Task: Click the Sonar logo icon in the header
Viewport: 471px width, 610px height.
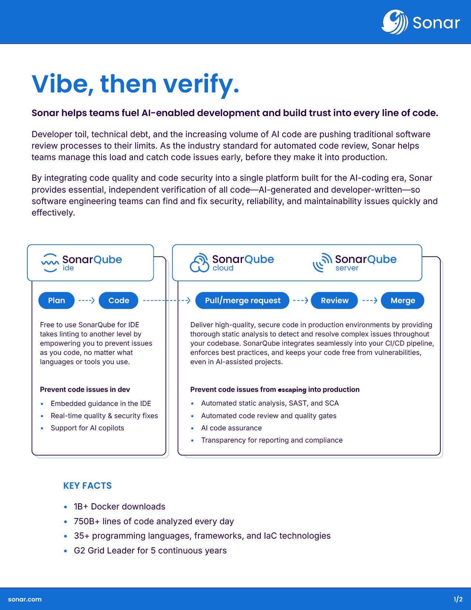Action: [395, 22]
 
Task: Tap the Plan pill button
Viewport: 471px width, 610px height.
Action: [57, 301]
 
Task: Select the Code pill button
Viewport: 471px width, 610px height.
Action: [119, 301]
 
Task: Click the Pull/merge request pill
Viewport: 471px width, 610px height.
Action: [243, 301]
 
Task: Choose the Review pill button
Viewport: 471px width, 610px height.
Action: [334, 301]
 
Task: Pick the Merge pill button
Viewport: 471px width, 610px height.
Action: [403, 301]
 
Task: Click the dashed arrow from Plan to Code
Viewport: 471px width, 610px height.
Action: [87, 301]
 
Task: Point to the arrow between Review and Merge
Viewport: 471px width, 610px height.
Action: [369, 301]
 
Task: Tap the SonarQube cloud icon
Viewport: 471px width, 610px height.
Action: [199, 263]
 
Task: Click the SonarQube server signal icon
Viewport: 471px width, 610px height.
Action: [322, 263]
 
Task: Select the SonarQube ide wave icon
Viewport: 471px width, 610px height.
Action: [50, 263]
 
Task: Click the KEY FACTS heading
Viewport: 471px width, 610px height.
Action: [88, 486]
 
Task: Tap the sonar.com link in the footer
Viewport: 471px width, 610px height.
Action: [25, 599]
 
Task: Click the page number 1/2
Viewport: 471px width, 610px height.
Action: [458, 599]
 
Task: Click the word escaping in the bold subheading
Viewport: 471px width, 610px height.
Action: [292, 390]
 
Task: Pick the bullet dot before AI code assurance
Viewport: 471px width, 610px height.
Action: [192, 428]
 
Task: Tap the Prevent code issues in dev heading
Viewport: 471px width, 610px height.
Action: [85, 389]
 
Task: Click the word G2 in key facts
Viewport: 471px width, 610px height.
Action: [79, 550]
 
